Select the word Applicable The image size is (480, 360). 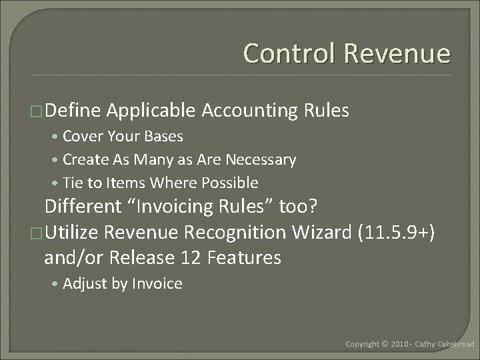150,111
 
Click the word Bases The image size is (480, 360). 164,137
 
